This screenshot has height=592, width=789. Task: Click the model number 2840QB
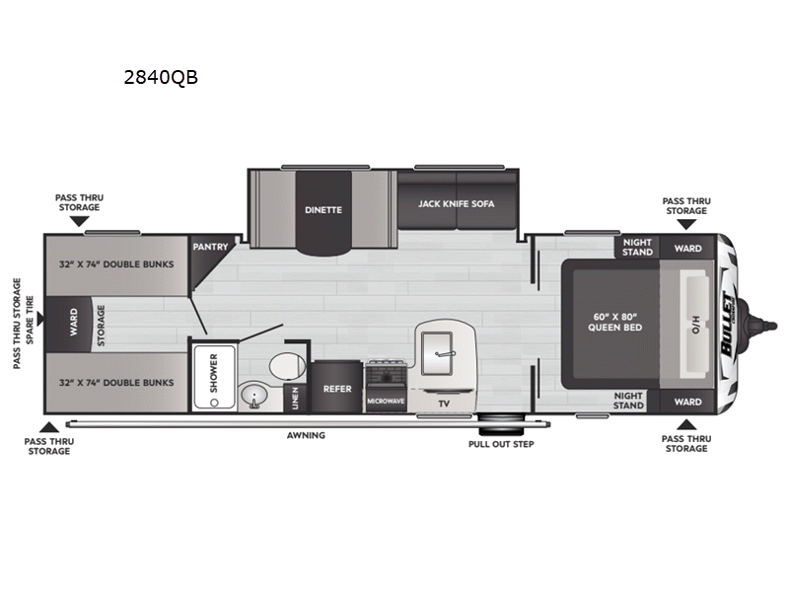161,78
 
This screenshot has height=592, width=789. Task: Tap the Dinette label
323,209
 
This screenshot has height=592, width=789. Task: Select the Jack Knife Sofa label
456,204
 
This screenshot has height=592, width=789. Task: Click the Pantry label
210,247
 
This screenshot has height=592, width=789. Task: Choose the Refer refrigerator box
337,389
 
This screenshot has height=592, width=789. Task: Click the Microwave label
386,401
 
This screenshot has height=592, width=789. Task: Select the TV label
444,404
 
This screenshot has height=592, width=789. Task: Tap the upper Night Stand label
637,247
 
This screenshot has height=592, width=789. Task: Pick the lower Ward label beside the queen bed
688,402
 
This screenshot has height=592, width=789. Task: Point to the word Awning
306,435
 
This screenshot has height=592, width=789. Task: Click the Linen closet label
296,398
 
